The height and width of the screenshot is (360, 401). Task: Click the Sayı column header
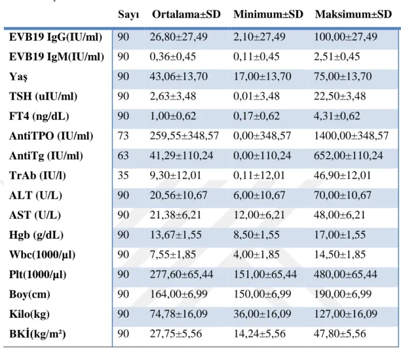(x=128, y=15)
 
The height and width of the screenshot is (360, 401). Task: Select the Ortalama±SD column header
(x=186, y=14)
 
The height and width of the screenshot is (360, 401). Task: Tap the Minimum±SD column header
(x=268, y=14)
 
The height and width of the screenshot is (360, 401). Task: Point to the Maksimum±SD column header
(x=353, y=14)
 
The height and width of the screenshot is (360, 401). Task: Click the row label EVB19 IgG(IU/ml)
(x=56, y=37)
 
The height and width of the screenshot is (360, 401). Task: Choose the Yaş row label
(x=18, y=77)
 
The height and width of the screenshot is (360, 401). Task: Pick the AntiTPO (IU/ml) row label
(x=51, y=136)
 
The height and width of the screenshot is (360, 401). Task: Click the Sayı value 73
(x=123, y=136)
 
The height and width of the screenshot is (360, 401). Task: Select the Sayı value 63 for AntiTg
(x=123, y=156)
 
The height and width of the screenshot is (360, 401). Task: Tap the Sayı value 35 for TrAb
(x=123, y=176)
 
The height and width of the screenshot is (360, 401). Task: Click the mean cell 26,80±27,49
(x=179, y=37)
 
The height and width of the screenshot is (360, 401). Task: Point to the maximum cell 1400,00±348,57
(x=351, y=136)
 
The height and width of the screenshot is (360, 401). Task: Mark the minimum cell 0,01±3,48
(x=256, y=96)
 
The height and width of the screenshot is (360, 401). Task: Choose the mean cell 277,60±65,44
(x=181, y=274)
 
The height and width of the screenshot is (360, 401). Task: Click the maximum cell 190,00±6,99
(x=343, y=294)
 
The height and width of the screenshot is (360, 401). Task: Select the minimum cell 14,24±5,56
(x=259, y=334)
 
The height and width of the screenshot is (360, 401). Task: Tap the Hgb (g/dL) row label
(x=36, y=236)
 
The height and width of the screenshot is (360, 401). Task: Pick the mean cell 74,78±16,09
(x=179, y=314)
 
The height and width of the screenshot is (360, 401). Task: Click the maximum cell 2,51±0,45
(x=337, y=57)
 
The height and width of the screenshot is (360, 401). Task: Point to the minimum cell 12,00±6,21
(x=259, y=215)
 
